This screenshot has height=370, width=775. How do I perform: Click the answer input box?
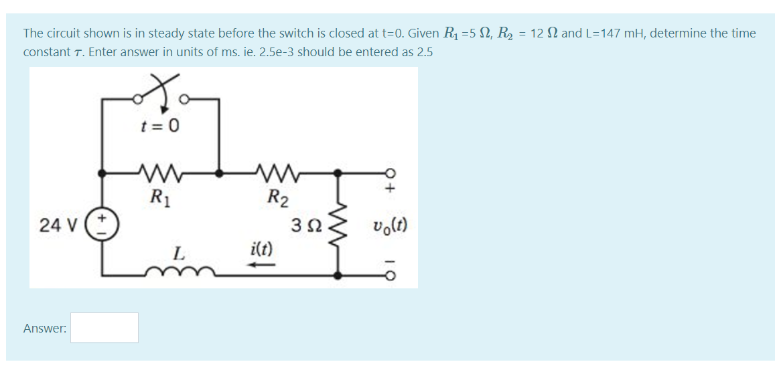coord(104,328)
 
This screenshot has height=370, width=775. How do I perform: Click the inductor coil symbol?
coord(178,272)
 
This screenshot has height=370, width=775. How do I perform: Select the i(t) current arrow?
coord(262,266)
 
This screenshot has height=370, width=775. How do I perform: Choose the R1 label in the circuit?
coord(158,197)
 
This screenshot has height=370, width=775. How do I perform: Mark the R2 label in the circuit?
coord(277,197)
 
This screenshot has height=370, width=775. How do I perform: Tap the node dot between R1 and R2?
coord(219,173)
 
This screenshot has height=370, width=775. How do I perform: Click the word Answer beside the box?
coord(44,329)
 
